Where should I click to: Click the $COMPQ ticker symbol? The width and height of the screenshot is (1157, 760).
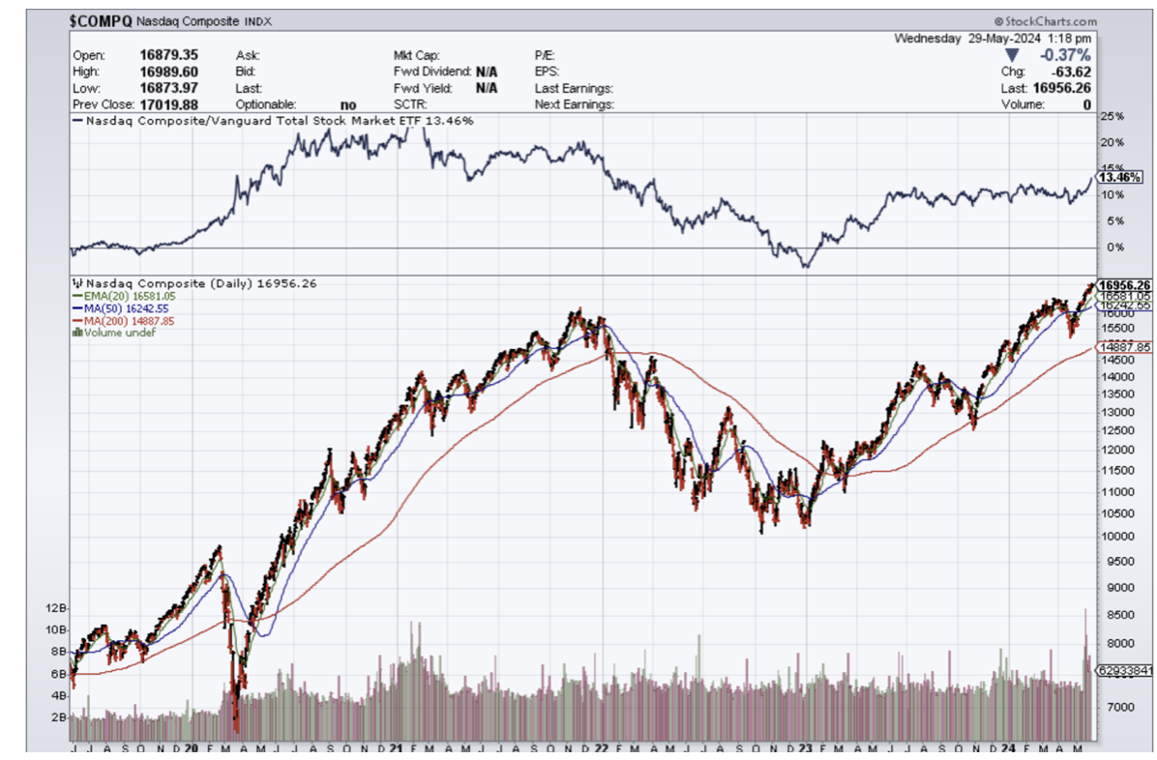point(101,21)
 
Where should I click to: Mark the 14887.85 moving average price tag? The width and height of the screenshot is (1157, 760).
point(1122,346)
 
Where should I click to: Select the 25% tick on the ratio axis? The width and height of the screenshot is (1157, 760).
point(1112,117)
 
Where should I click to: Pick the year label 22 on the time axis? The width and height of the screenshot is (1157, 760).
point(602,748)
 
